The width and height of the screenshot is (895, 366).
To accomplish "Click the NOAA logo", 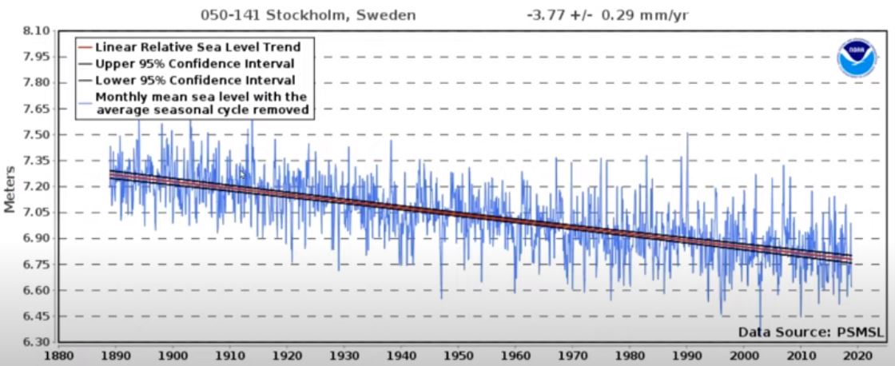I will pyautogui.click(x=857, y=58).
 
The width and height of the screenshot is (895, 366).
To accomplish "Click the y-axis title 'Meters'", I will pyautogui.click(x=10, y=189).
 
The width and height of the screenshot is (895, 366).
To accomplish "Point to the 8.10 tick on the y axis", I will pyautogui.click(x=37, y=31).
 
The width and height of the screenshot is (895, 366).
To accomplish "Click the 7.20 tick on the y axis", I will pyautogui.click(x=37, y=186).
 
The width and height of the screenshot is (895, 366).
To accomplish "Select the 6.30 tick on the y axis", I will pyautogui.click(x=37, y=342).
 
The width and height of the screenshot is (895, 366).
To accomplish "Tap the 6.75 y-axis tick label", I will pyautogui.click(x=37, y=265).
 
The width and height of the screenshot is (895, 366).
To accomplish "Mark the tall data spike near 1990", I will pyautogui.click(x=686, y=137).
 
